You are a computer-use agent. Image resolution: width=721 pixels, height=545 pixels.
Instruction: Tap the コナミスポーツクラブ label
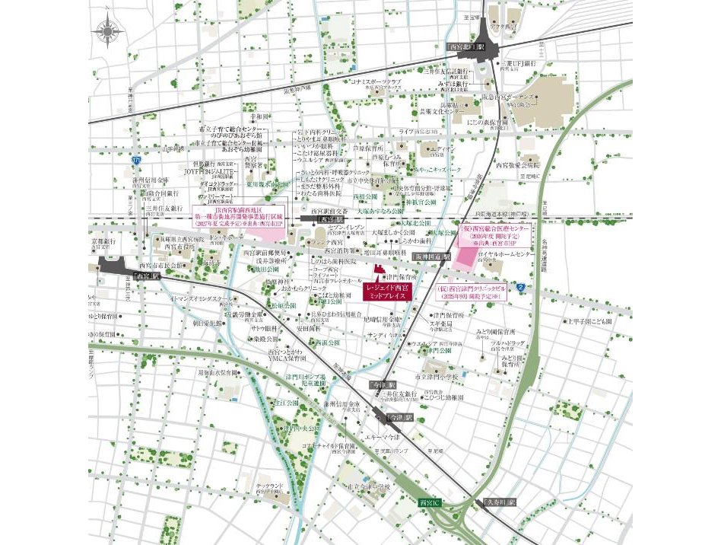[x=375, y=81]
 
